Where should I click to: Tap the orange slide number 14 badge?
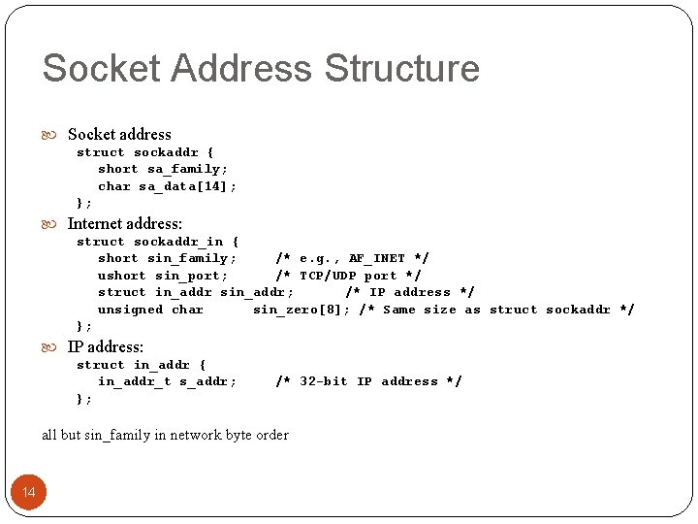(29, 492)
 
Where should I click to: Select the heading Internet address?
(124, 223)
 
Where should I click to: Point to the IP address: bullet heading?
(105, 346)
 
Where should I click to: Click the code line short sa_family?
(163, 169)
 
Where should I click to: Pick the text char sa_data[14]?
(167, 186)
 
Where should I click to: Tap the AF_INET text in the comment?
(377, 258)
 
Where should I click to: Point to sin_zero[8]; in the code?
(301, 310)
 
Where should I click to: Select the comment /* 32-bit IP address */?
(368, 381)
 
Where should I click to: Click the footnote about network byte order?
(165, 435)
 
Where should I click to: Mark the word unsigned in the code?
(130, 310)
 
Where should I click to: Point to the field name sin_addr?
(257, 292)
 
